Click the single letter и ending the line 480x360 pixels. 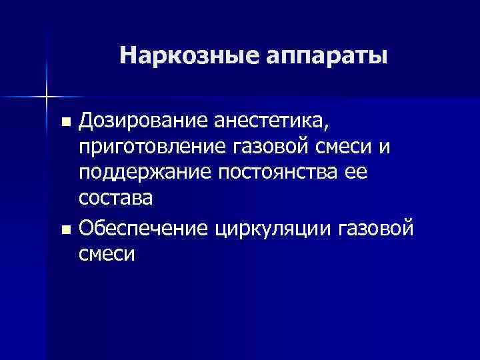[x=391, y=147]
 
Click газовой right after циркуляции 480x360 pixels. [x=378, y=229]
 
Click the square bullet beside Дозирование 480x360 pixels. [x=65, y=123]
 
